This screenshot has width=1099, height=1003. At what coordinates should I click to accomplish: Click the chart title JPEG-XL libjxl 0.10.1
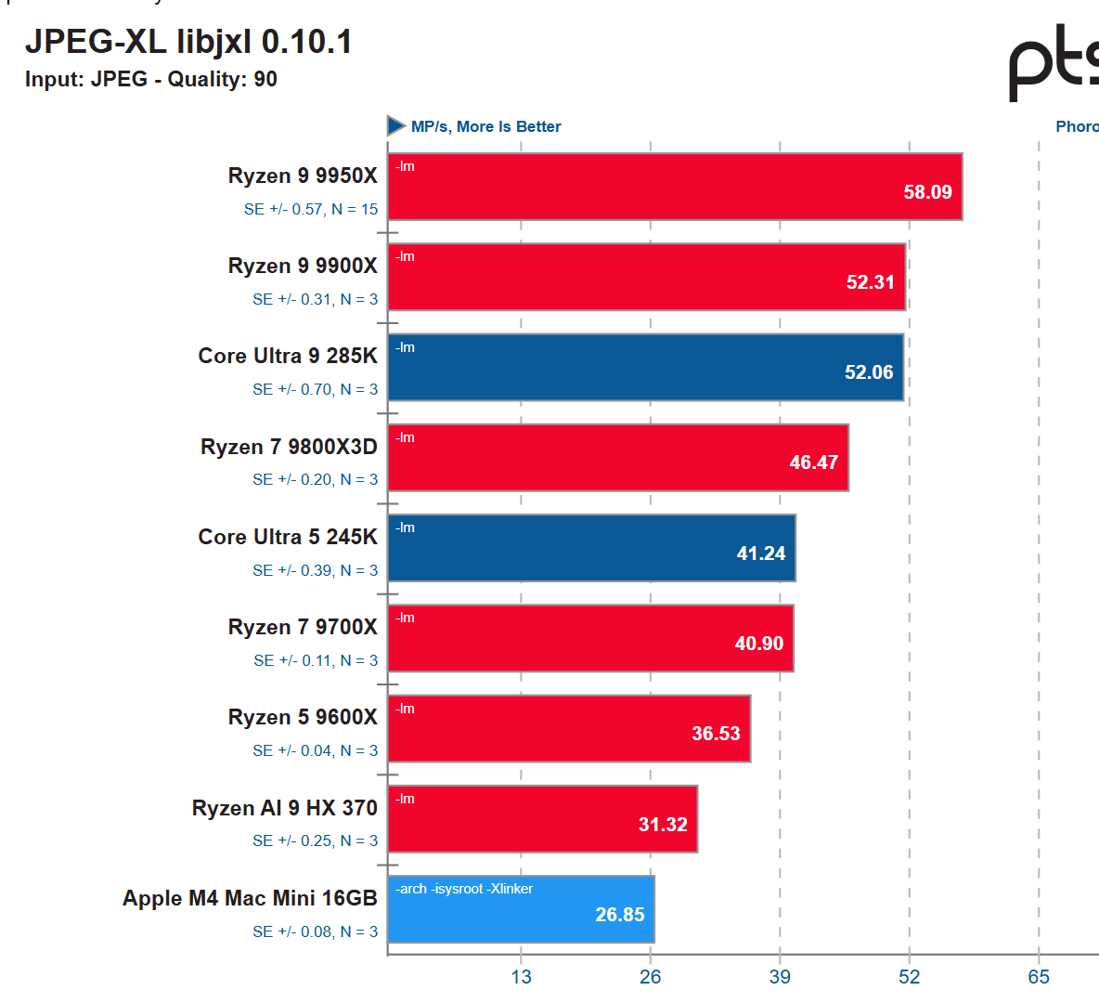click(x=188, y=42)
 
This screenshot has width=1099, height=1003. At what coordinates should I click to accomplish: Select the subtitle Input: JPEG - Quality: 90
click(x=151, y=79)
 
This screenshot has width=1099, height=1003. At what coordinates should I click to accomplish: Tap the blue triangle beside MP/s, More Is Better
click(x=396, y=125)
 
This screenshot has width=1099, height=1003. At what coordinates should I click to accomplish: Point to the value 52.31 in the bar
click(x=870, y=282)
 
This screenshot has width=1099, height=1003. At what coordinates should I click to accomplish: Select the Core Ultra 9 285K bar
click(x=645, y=368)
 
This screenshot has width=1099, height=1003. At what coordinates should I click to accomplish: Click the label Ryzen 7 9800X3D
click(x=289, y=447)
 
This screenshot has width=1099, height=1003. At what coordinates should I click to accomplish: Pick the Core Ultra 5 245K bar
click(x=591, y=548)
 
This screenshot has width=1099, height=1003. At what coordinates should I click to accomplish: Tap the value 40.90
click(x=758, y=644)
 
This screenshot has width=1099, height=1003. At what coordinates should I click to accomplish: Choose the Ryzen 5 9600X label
click(x=303, y=717)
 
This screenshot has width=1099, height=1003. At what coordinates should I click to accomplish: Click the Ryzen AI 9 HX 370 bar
click(x=542, y=819)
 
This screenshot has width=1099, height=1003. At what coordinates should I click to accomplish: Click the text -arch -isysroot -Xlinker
click(x=464, y=889)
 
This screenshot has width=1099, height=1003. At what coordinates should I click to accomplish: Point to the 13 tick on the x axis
click(x=521, y=976)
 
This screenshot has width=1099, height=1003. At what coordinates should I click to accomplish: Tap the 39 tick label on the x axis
click(x=780, y=976)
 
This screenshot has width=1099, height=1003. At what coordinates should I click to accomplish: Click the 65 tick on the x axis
click(x=1039, y=976)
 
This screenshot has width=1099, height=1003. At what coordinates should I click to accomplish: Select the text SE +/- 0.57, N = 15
click(x=311, y=209)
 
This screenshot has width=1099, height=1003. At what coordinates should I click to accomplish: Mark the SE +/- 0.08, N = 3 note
click(x=315, y=931)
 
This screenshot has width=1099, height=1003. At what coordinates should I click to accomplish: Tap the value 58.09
click(x=927, y=192)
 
